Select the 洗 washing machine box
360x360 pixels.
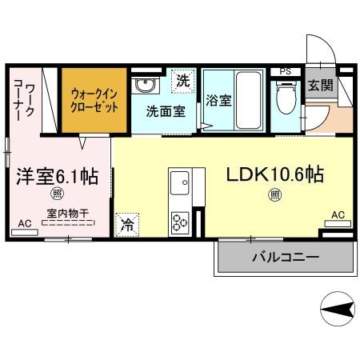183,80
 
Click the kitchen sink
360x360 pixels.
178,179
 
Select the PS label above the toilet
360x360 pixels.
285,71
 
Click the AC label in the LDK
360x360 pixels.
338,214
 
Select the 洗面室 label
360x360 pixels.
166,112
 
